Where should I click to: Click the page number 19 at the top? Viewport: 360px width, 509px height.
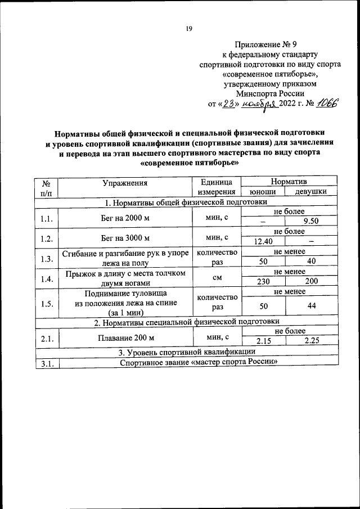(x=189, y=29)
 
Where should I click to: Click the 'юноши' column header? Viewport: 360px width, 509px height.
(x=262, y=192)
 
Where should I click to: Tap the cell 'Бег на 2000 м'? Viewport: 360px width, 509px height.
(x=125, y=217)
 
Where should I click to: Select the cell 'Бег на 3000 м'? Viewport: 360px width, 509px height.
(x=125, y=237)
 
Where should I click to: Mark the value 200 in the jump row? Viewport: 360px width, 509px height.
(x=311, y=282)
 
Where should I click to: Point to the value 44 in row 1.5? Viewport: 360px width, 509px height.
(x=311, y=306)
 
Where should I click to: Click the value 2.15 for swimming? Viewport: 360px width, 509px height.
(x=263, y=341)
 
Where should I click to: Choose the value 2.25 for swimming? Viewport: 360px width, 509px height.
(x=311, y=341)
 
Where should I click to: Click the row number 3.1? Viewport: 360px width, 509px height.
(x=46, y=363)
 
